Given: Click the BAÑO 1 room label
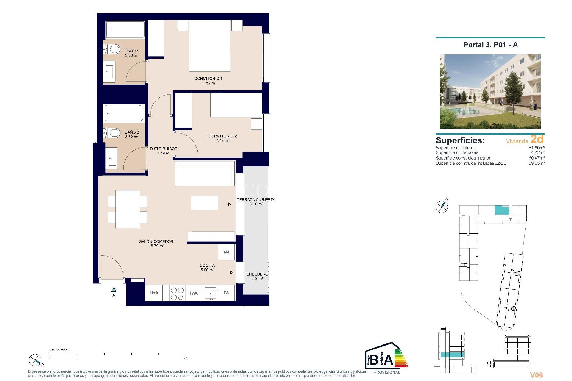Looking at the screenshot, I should click(132, 51).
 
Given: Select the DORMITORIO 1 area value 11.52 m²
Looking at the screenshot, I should click(208, 83).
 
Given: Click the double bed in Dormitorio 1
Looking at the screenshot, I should click(210, 46).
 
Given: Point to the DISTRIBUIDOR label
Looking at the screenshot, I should click(164, 149).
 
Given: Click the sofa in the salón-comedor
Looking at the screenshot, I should click(204, 174).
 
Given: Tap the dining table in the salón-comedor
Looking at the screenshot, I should click(128, 209).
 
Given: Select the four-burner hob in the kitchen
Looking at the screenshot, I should click(177, 293).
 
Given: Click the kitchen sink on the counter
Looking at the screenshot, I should click(210, 293).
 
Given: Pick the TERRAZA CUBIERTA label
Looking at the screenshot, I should click(256, 199).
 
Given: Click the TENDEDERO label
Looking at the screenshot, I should click(256, 274).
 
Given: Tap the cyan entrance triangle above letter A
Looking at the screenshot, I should click(114, 290).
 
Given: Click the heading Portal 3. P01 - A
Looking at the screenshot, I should click(490, 45).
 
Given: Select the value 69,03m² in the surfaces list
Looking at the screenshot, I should click(537, 163).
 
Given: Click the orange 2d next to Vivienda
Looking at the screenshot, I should click(537, 139).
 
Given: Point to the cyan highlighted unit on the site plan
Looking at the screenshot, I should click(502, 210).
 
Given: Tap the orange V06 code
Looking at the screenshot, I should click(536, 375).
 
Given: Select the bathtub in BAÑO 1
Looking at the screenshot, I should click(125, 29).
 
